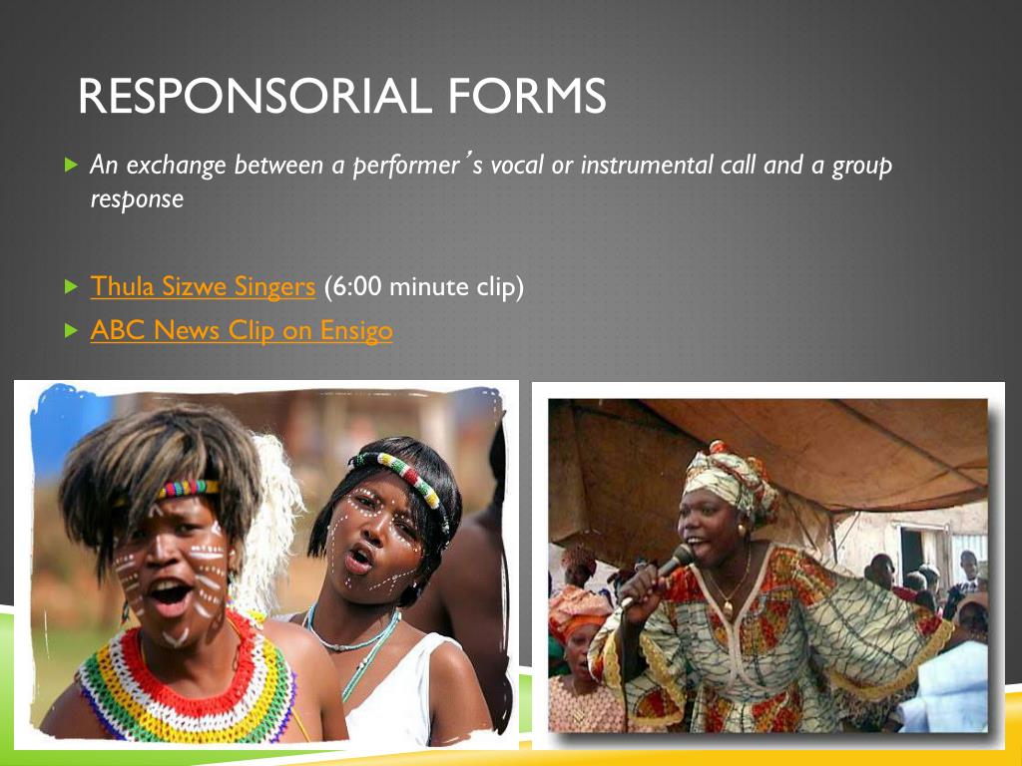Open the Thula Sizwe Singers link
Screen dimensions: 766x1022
click(203, 287)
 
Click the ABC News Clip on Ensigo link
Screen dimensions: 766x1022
click(242, 330)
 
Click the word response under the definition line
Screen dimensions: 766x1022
click(137, 198)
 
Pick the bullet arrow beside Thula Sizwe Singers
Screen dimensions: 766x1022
click(70, 287)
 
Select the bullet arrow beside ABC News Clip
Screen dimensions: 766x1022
click(70, 330)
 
